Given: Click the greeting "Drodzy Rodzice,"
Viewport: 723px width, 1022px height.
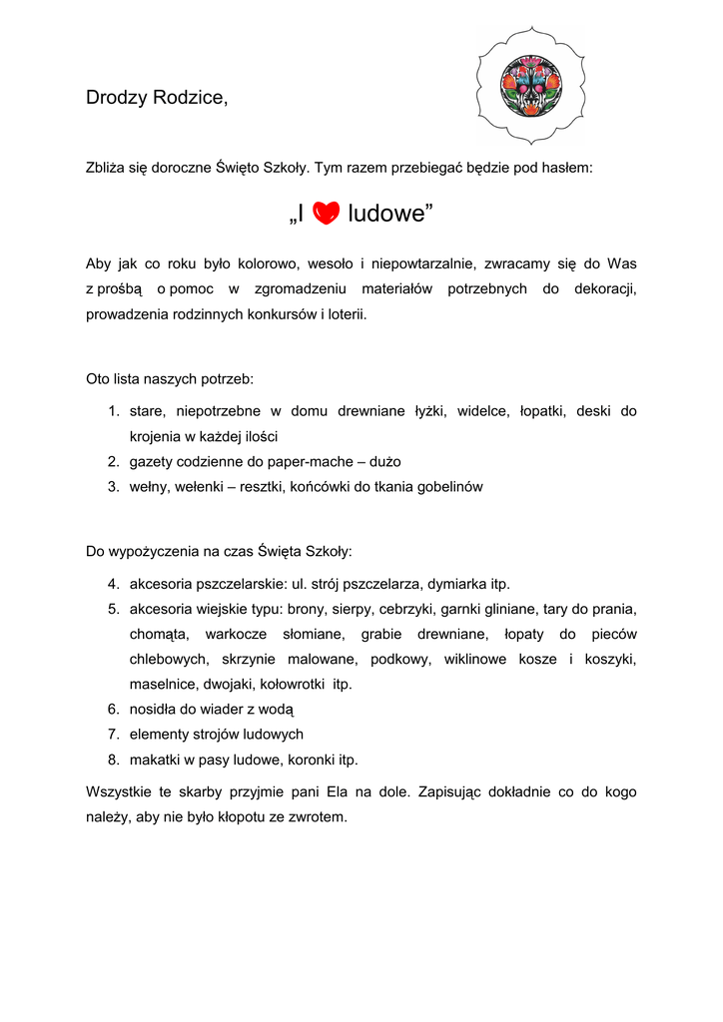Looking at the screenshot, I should pos(157,98).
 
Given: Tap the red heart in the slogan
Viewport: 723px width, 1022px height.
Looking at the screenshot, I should pos(327,213).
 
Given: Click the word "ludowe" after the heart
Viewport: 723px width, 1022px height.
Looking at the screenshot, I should pos(390,213).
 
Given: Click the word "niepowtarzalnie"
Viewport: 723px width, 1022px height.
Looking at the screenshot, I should pos(422,264).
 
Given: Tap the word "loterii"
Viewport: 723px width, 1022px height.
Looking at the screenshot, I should pos(346,314).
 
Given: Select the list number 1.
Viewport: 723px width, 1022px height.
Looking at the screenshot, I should pos(113,411).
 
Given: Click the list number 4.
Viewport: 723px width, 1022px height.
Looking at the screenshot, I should pos(113,584).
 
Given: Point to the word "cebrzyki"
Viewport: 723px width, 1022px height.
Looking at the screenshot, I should pos(403,609).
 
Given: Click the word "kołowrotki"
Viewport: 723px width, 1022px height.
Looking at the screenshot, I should pos(294,685).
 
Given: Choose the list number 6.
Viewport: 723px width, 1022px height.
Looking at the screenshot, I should pos(113,710).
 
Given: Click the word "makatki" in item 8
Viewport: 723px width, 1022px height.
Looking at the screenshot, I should pos(157,760).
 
